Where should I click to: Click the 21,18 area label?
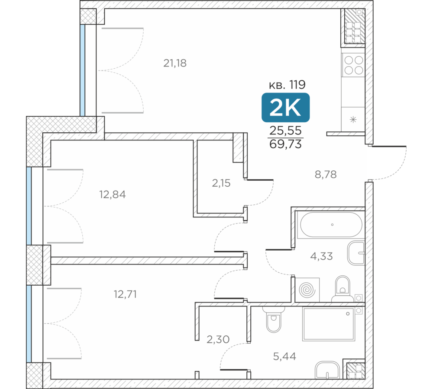tap(175, 63)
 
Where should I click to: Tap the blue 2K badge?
tap(285, 108)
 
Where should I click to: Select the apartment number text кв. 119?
tap(287, 85)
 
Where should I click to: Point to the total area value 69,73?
tap(285, 144)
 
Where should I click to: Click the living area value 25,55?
tap(285, 131)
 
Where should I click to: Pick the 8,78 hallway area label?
tap(326, 175)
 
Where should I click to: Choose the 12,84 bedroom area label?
tap(113, 194)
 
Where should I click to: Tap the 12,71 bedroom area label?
tap(125, 294)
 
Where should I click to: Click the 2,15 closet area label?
tap(221, 183)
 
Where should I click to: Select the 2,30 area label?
tap(218, 339)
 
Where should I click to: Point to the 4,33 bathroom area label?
tap(321, 256)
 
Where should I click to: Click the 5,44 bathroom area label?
tap(285, 357)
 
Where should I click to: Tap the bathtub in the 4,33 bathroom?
tap(331, 225)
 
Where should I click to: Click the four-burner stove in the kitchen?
tap(353, 65)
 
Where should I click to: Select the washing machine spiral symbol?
tap(307, 290)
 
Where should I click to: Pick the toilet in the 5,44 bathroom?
tap(274, 319)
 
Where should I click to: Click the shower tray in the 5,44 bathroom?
tap(329, 324)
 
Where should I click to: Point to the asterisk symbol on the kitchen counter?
tap(353, 120)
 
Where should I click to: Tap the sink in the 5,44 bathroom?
tap(327, 370)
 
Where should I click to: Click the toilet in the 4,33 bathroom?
tap(343, 289)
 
